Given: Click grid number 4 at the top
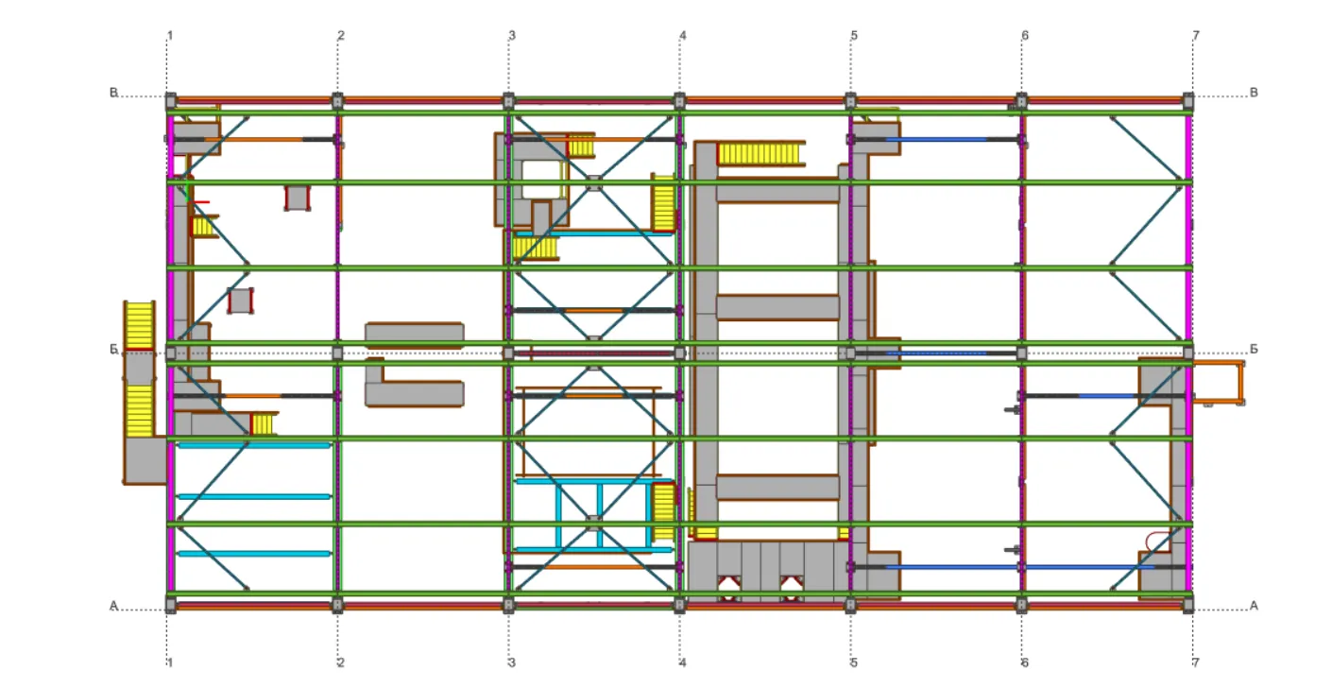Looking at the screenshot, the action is click(683, 36).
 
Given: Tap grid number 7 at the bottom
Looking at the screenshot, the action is click(1196, 662).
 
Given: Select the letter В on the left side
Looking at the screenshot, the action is click(113, 93).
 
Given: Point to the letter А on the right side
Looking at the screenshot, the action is click(1254, 606).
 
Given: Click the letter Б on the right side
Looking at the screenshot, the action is click(1254, 349).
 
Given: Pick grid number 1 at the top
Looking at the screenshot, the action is click(169, 36).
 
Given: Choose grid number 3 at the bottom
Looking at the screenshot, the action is click(511, 662).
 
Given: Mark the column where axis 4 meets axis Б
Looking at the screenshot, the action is click(679, 353).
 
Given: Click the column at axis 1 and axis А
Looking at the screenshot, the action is click(171, 606).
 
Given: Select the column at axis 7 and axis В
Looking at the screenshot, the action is click(1188, 100).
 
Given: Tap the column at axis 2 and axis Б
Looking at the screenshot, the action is click(337, 353).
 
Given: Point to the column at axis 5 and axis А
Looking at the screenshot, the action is click(850, 606).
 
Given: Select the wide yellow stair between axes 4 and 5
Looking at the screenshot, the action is click(760, 154).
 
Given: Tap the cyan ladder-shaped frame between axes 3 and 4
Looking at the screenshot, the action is click(594, 515).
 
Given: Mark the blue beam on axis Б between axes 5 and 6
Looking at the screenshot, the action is click(936, 353).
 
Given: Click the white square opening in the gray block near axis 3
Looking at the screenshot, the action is click(540, 180).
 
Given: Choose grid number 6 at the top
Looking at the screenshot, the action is click(1025, 36).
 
